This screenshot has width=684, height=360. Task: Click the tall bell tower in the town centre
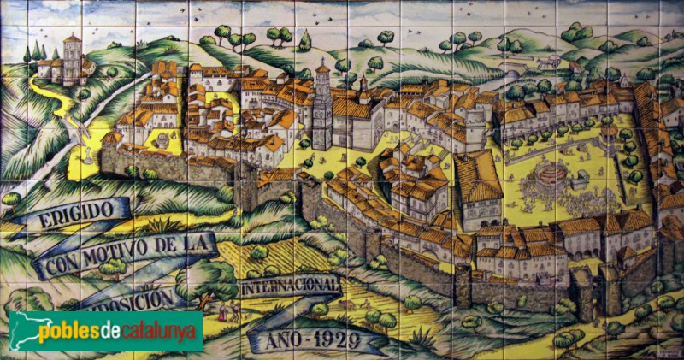pyautogui.click(x=322, y=107)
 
